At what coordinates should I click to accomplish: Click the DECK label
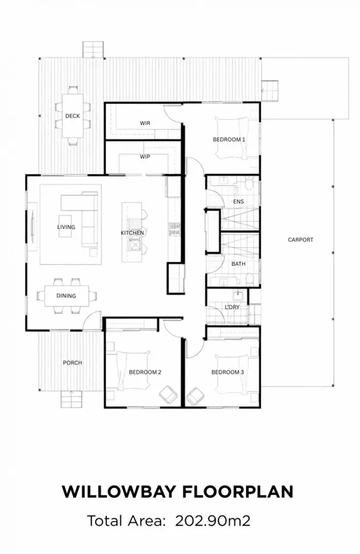(x=72, y=116)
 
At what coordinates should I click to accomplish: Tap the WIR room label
(x=145, y=124)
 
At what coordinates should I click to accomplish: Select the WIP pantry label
(x=145, y=157)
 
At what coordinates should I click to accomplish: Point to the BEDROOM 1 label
(x=229, y=140)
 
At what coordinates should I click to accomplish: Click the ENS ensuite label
(x=238, y=202)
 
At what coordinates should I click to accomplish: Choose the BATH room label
(x=238, y=264)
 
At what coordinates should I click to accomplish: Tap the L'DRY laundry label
(x=232, y=307)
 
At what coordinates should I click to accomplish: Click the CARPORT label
(x=300, y=240)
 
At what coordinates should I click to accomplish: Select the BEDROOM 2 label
(x=145, y=372)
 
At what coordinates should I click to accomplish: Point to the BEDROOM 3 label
(x=228, y=372)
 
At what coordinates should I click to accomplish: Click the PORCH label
(x=72, y=363)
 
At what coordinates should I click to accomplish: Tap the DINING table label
(x=66, y=296)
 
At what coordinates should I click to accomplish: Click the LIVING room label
(x=66, y=227)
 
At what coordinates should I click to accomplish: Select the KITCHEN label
(x=132, y=233)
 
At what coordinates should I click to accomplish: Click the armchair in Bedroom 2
(x=167, y=395)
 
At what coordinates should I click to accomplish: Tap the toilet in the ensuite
(x=249, y=184)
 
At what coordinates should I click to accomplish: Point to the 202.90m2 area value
(x=213, y=521)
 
